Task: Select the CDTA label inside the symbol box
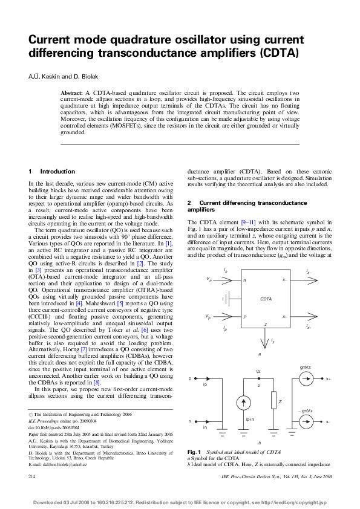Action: coord(266,299)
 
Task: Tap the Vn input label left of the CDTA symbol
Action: coord(209,279)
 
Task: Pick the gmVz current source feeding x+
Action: coord(306,380)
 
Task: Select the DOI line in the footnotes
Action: coord(54,427)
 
